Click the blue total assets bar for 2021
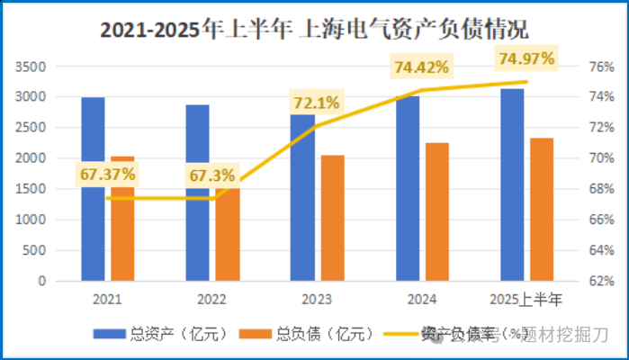tap(93, 189)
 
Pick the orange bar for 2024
tap(436, 211)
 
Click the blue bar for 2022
tap(198, 193)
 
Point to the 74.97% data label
tap(526, 59)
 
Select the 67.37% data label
tap(107, 174)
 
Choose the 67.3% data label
tap(211, 175)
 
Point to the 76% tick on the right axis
tap(601, 67)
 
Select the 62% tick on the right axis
tap(601, 281)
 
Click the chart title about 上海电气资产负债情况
tap(314, 30)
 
